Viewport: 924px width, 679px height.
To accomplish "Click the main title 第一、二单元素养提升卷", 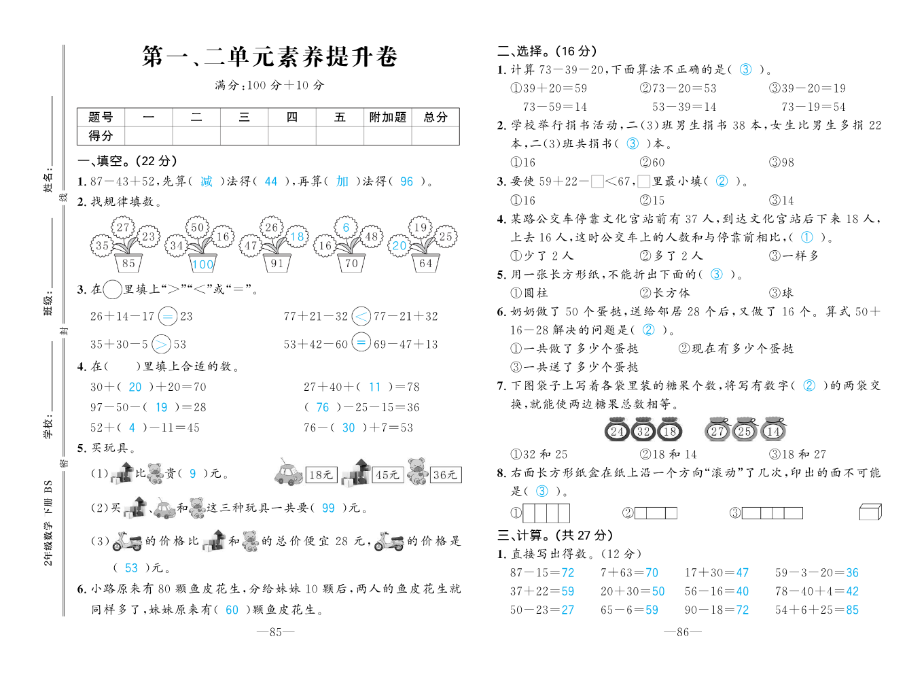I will pos(270,57).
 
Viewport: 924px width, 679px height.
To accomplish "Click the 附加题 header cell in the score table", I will pos(387,118).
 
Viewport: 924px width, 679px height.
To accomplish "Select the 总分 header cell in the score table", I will pos(436,118).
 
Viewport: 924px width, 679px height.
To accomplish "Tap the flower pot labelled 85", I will pos(128,263).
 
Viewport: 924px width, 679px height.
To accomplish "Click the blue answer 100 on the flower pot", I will pos(202,264).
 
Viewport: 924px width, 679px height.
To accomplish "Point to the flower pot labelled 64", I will pos(425,263).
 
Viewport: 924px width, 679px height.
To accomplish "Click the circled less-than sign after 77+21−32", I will pos(361,316).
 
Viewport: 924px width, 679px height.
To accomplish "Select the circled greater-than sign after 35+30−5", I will pos(161,344).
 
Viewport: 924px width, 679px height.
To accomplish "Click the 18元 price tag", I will pos(321,475).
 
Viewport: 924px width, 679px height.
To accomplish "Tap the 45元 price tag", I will pos(387,475).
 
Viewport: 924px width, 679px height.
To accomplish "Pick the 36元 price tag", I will pos(445,475).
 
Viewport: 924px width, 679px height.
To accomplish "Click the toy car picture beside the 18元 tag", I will pos(289,472).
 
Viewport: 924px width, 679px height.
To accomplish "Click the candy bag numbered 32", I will pos(643,431).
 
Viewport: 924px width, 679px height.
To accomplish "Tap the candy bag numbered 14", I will pos(773,431).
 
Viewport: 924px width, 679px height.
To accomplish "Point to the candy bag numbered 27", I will pos(717,431).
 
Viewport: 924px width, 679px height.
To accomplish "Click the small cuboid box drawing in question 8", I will pos(870,512).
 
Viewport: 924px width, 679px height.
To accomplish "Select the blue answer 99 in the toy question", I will pos(328,508).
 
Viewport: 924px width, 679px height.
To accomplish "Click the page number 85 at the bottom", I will pos(275,632).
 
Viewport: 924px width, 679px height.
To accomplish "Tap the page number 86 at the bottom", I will pos(683,632).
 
